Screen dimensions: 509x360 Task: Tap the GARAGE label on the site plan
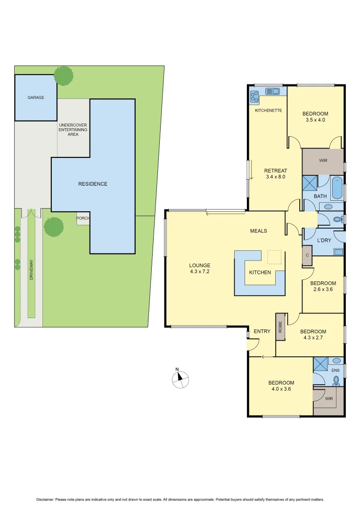[x=36, y=98]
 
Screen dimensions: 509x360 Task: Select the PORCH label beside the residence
[x=83, y=218]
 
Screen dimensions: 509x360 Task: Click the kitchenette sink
[x=273, y=91]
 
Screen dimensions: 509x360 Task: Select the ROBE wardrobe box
[x=280, y=327]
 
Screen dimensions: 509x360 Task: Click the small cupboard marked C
[x=307, y=255]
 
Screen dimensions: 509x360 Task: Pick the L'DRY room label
[x=324, y=240]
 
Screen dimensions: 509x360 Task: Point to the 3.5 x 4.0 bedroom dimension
[x=315, y=120]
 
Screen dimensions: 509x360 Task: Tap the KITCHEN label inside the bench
[x=260, y=272]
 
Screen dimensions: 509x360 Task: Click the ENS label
[x=335, y=370]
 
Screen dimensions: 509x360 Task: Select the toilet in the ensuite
[x=336, y=380]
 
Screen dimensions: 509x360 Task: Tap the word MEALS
[x=259, y=231]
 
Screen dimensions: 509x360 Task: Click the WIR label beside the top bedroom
[x=323, y=161]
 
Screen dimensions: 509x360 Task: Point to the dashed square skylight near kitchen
[x=274, y=257]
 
